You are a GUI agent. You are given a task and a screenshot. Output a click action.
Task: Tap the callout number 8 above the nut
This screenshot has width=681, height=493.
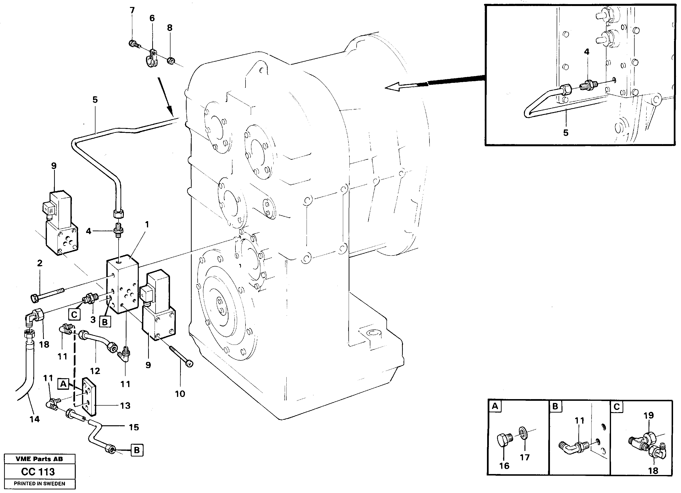(x=170, y=28)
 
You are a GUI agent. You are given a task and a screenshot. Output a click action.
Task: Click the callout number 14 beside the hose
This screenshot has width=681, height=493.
(x=35, y=419)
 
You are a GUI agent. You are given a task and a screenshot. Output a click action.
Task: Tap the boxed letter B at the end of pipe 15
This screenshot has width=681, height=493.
(x=137, y=450)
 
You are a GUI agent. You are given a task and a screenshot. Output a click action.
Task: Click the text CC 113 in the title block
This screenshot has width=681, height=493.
(x=38, y=472)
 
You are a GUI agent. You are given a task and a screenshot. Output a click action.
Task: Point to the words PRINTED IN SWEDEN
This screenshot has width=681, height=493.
(x=39, y=484)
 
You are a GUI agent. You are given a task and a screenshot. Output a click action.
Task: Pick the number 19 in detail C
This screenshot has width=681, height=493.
(x=649, y=415)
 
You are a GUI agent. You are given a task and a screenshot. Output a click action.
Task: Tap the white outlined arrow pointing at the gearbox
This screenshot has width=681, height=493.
(x=399, y=87)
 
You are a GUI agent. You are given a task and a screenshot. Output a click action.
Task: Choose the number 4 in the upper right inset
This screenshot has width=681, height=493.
(x=586, y=52)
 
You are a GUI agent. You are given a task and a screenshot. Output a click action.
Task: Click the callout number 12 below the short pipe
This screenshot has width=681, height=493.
(x=95, y=371)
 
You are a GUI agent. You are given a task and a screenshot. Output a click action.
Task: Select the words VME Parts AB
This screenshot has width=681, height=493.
(x=39, y=459)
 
